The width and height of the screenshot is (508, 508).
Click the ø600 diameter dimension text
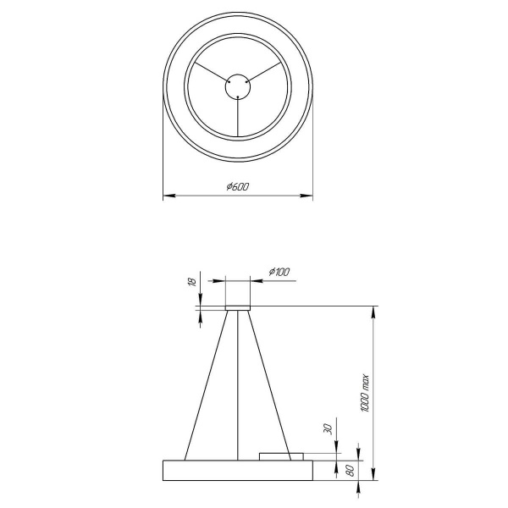238,187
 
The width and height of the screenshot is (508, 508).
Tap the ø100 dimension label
279,272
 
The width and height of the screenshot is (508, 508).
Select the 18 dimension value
192,283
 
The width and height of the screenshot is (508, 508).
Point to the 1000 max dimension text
365,395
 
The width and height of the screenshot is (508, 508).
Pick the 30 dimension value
329,430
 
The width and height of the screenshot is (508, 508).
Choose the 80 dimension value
349,471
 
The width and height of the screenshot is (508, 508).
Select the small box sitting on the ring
281,456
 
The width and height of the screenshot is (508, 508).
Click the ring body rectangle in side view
238,470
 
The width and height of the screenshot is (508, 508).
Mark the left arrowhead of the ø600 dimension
168,196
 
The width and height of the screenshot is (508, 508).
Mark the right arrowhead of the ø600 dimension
308,196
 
